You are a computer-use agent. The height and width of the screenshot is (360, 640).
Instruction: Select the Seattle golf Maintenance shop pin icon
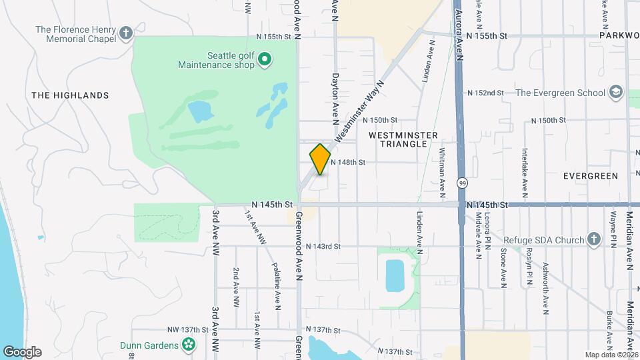point(265,61)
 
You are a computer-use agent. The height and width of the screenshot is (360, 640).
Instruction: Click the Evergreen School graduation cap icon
point(616,92)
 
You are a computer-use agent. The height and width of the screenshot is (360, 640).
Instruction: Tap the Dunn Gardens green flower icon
point(189,345)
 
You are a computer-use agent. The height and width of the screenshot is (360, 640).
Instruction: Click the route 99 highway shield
point(461,183)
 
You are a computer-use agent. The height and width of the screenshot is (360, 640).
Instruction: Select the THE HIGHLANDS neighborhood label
point(70,95)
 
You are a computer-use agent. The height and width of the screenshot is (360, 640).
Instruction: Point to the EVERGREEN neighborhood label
point(590,176)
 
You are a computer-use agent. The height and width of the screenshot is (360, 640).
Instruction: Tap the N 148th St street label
point(348,162)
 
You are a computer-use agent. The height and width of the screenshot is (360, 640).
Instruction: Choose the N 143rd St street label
point(323,247)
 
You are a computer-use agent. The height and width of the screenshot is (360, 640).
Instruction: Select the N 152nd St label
point(485,93)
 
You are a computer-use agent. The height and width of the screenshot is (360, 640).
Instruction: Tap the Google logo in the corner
point(22,352)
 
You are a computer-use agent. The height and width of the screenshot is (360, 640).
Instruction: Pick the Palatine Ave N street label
point(276,285)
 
